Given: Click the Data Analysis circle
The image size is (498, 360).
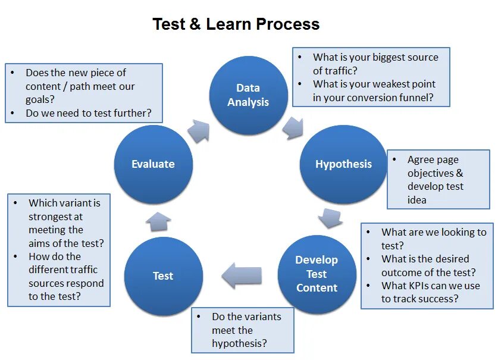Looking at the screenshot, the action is click(248, 95).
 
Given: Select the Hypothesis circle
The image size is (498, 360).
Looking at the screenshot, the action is click(343, 164).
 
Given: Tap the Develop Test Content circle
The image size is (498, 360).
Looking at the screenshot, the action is click(317, 274).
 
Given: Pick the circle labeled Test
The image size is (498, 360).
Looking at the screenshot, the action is click(163, 276).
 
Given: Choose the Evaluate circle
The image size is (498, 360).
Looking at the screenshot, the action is click(153, 164).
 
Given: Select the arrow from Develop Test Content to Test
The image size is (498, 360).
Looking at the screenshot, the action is click(242, 275).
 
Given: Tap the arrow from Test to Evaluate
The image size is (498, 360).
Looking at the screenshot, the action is click(158, 221).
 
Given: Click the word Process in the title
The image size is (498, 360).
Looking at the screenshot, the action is click(288, 24).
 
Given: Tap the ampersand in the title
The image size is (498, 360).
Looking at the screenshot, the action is click(195, 24).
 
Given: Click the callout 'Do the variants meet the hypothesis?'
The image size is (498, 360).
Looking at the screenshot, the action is click(243, 330).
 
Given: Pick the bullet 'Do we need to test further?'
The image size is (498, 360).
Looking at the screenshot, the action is click(88, 112).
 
